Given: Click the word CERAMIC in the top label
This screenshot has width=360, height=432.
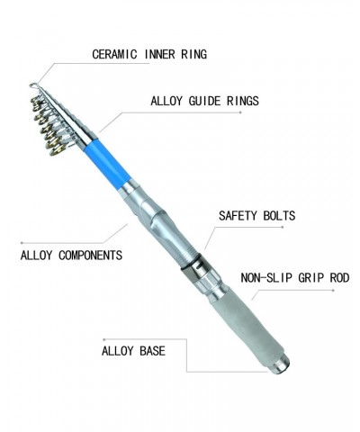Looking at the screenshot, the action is (114, 54).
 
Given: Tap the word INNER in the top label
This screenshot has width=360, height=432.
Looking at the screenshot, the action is (159, 54).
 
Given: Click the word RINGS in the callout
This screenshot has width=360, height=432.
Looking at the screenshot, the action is (243, 101).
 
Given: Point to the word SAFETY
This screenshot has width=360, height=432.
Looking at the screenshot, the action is (238, 216).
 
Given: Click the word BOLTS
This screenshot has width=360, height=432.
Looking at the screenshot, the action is (279, 216).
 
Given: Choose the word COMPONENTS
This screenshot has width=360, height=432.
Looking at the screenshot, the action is (90, 256).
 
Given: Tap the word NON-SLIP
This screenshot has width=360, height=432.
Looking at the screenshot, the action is (266, 278).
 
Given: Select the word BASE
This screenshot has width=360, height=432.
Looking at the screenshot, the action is (152, 351).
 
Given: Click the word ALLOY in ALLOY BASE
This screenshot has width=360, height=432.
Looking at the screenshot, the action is (117, 351).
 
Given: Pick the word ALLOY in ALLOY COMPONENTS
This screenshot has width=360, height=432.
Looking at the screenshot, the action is (36, 256).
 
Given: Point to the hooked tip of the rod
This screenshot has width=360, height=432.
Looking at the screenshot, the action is (33, 85).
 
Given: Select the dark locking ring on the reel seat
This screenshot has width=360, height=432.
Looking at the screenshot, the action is (192, 263).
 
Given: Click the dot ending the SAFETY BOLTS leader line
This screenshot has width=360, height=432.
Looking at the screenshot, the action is (283, 227).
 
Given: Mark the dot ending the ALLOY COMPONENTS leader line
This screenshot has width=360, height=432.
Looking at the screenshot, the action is (22, 243).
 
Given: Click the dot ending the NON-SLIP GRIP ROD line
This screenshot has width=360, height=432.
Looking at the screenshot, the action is (333, 290).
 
